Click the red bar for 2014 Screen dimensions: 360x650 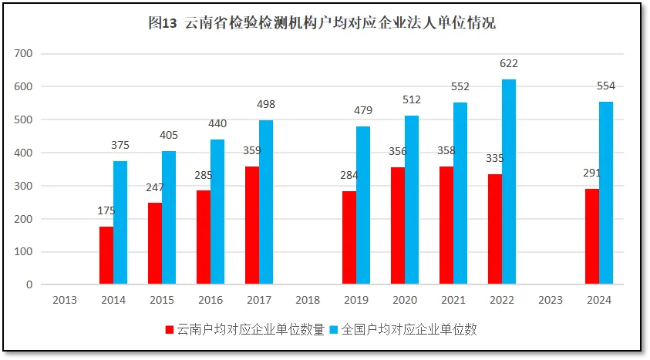pos(106,255)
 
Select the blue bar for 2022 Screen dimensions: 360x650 pos(509,182)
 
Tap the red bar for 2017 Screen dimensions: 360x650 pos(252,225)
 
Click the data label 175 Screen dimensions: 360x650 pos(106,210)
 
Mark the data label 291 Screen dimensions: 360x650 pos(591,173)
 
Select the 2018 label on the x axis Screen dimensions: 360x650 pos(308,301)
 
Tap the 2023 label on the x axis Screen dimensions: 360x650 pos(550,301)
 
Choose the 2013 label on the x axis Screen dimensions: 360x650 pos(65,301)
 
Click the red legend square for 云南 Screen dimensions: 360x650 pos(170,330)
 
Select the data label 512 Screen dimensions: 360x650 pos(412,99)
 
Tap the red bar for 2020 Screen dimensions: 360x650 pos(398,226)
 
